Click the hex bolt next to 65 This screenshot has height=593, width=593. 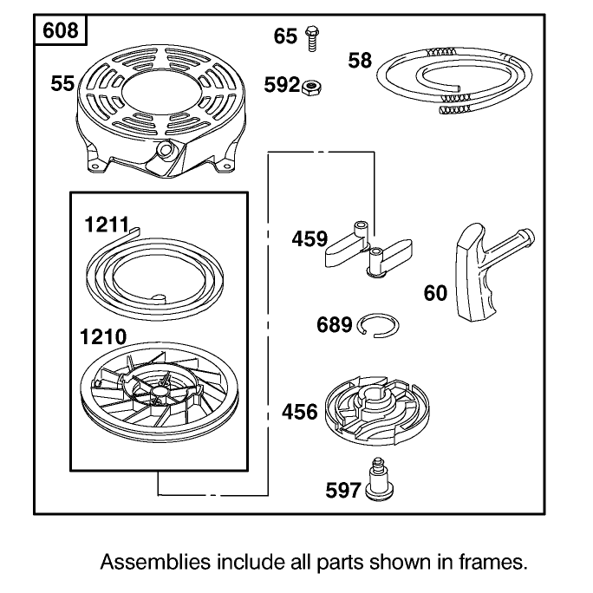312,38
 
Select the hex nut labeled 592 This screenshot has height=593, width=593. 312,88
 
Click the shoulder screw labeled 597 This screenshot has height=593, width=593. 379,480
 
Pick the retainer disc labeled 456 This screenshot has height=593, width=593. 377,410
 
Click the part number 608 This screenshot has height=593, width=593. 60,30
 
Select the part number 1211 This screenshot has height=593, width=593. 107,225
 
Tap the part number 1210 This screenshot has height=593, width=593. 103,336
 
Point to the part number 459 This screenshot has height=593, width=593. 310,238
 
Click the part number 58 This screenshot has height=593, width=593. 360,61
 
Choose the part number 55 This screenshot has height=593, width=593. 62,83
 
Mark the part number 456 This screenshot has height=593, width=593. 299,412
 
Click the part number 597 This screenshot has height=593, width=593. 343,490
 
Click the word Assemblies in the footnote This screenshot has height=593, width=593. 155,562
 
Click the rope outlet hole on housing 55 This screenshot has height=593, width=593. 165,150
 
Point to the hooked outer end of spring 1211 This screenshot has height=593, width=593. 134,231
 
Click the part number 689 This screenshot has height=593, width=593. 335,325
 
